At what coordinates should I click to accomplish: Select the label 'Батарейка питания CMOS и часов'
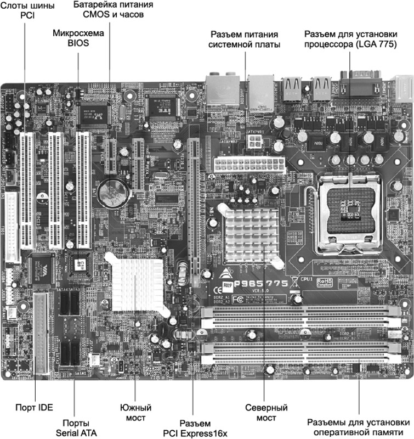[113, 10]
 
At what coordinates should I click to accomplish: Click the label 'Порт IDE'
[34, 408]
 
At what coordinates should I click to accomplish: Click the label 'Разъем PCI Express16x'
[195, 428]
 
